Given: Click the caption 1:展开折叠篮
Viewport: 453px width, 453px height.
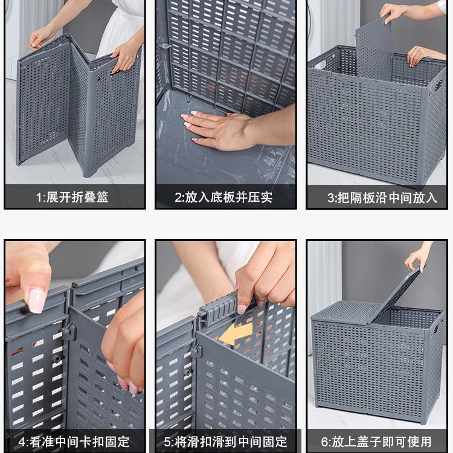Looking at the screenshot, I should coord(72,197).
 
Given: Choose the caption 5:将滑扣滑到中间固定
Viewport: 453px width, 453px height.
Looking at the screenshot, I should coord(225,441).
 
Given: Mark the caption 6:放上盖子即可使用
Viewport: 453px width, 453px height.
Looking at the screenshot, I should coord(377,441).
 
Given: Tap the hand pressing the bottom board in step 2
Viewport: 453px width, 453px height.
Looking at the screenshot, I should coord(220,129).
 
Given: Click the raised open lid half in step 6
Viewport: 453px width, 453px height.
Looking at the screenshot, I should coord(396,297).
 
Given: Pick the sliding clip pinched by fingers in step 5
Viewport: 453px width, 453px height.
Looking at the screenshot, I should coord(217,308).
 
